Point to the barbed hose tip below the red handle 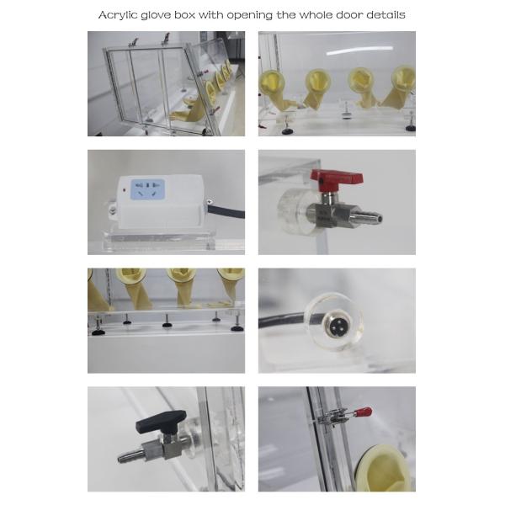pyautogui.click(x=367, y=219)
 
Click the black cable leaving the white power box pyautogui.click(x=226, y=210)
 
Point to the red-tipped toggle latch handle pyautogui.click(x=362, y=412)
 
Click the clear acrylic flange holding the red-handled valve pyautogui.click(x=289, y=206)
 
